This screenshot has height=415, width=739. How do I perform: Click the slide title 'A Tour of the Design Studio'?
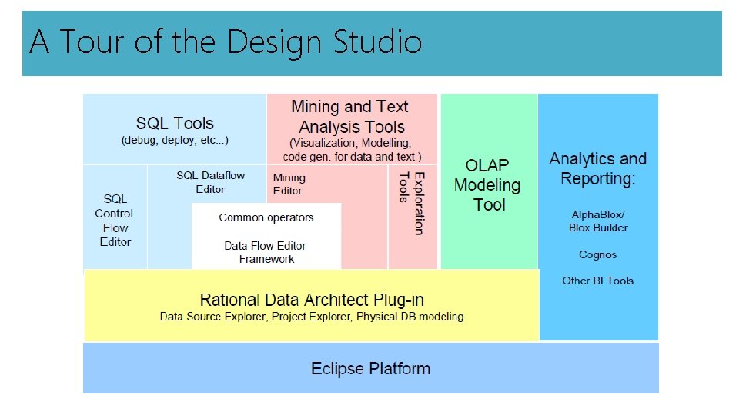click(x=226, y=41)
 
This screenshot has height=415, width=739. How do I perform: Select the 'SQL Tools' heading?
click(x=175, y=124)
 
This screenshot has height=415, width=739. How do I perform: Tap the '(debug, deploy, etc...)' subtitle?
click(x=175, y=141)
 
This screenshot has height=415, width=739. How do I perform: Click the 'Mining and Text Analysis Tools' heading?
click(x=350, y=117)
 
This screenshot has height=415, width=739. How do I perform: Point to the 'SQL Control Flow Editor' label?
click(x=114, y=221)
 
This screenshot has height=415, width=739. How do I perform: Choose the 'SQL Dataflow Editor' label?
click(x=210, y=182)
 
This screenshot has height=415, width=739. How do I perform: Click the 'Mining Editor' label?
click(x=289, y=184)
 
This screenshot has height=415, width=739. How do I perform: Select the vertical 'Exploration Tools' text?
click(x=412, y=203)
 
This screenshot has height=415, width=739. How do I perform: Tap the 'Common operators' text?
click(x=266, y=217)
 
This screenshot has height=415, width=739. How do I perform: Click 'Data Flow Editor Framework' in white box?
click(x=266, y=252)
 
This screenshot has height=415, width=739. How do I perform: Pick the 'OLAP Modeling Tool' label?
click(x=487, y=185)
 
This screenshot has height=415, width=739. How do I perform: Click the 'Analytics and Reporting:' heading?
click(x=598, y=169)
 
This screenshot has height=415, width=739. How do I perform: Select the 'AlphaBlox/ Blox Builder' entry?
click(x=598, y=221)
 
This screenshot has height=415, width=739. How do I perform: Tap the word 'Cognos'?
click(x=598, y=254)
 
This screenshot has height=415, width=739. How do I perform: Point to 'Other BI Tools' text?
click(x=598, y=281)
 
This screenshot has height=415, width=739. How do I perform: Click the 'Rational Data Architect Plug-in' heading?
click(x=312, y=300)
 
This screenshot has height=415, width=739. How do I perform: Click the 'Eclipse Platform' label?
click(x=370, y=369)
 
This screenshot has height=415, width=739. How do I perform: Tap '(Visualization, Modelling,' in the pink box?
click(x=350, y=144)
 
